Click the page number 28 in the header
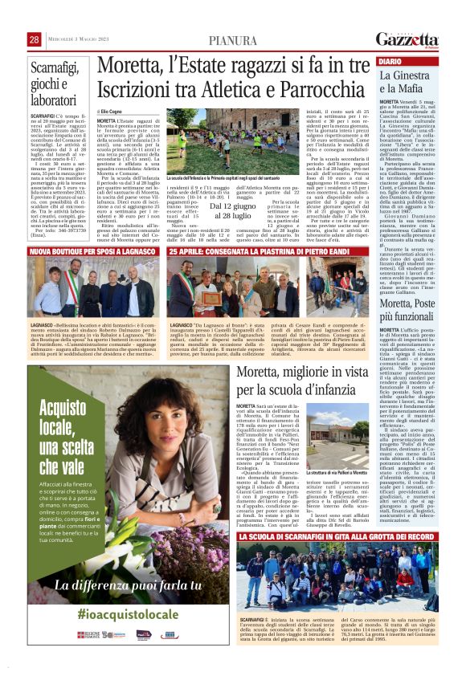[x=35, y=39]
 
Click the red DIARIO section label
[x=390, y=61]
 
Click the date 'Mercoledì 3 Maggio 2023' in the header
[x=78, y=39]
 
